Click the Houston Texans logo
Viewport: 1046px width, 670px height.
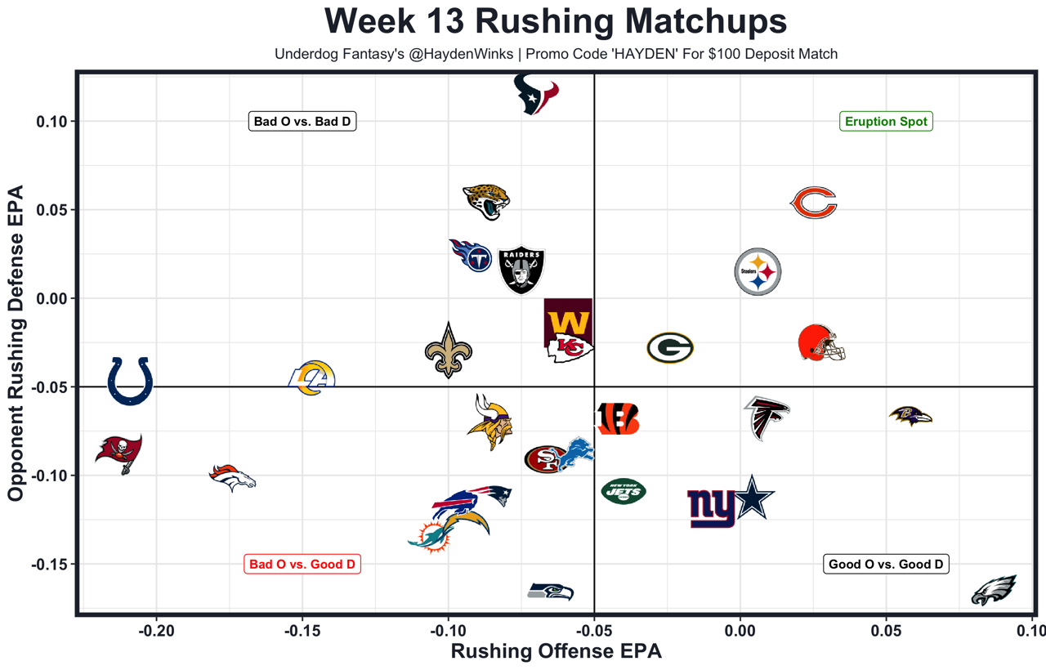pyautogui.click(x=536, y=94)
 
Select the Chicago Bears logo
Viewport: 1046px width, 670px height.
pyautogui.click(x=813, y=203)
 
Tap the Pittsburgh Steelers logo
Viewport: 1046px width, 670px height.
pyautogui.click(x=758, y=272)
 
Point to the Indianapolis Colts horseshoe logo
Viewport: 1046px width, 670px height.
pyautogui.click(x=131, y=381)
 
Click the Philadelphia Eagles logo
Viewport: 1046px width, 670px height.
pyautogui.click(x=994, y=590)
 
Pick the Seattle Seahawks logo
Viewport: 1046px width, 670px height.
pyautogui.click(x=551, y=592)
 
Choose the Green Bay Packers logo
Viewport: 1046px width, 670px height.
pyautogui.click(x=670, y=348)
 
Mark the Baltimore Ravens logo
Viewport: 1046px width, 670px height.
pyautogui.click(x=910, y=416)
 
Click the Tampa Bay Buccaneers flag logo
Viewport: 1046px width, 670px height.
pyautogui.click(x=119, y=453)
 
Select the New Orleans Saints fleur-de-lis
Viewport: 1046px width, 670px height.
pyautogui.click(x=448, y=351)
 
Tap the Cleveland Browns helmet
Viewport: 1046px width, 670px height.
pyautogui.click(x=820, y=343)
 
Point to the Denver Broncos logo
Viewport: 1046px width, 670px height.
pyautogui.click(x=232, y=477)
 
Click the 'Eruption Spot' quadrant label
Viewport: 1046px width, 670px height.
pyautogui.click(x=886, y=122)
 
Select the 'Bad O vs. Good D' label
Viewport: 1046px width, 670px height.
pyautogui.click(x=302, y=564)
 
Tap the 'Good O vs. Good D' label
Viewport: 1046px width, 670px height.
pyautogui.click(x=886, y=564)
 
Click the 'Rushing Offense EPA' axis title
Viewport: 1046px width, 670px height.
pyautogui.click(x=556, y=652)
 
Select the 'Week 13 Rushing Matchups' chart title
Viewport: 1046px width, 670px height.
pyautogui.click(x=556, y=21)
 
